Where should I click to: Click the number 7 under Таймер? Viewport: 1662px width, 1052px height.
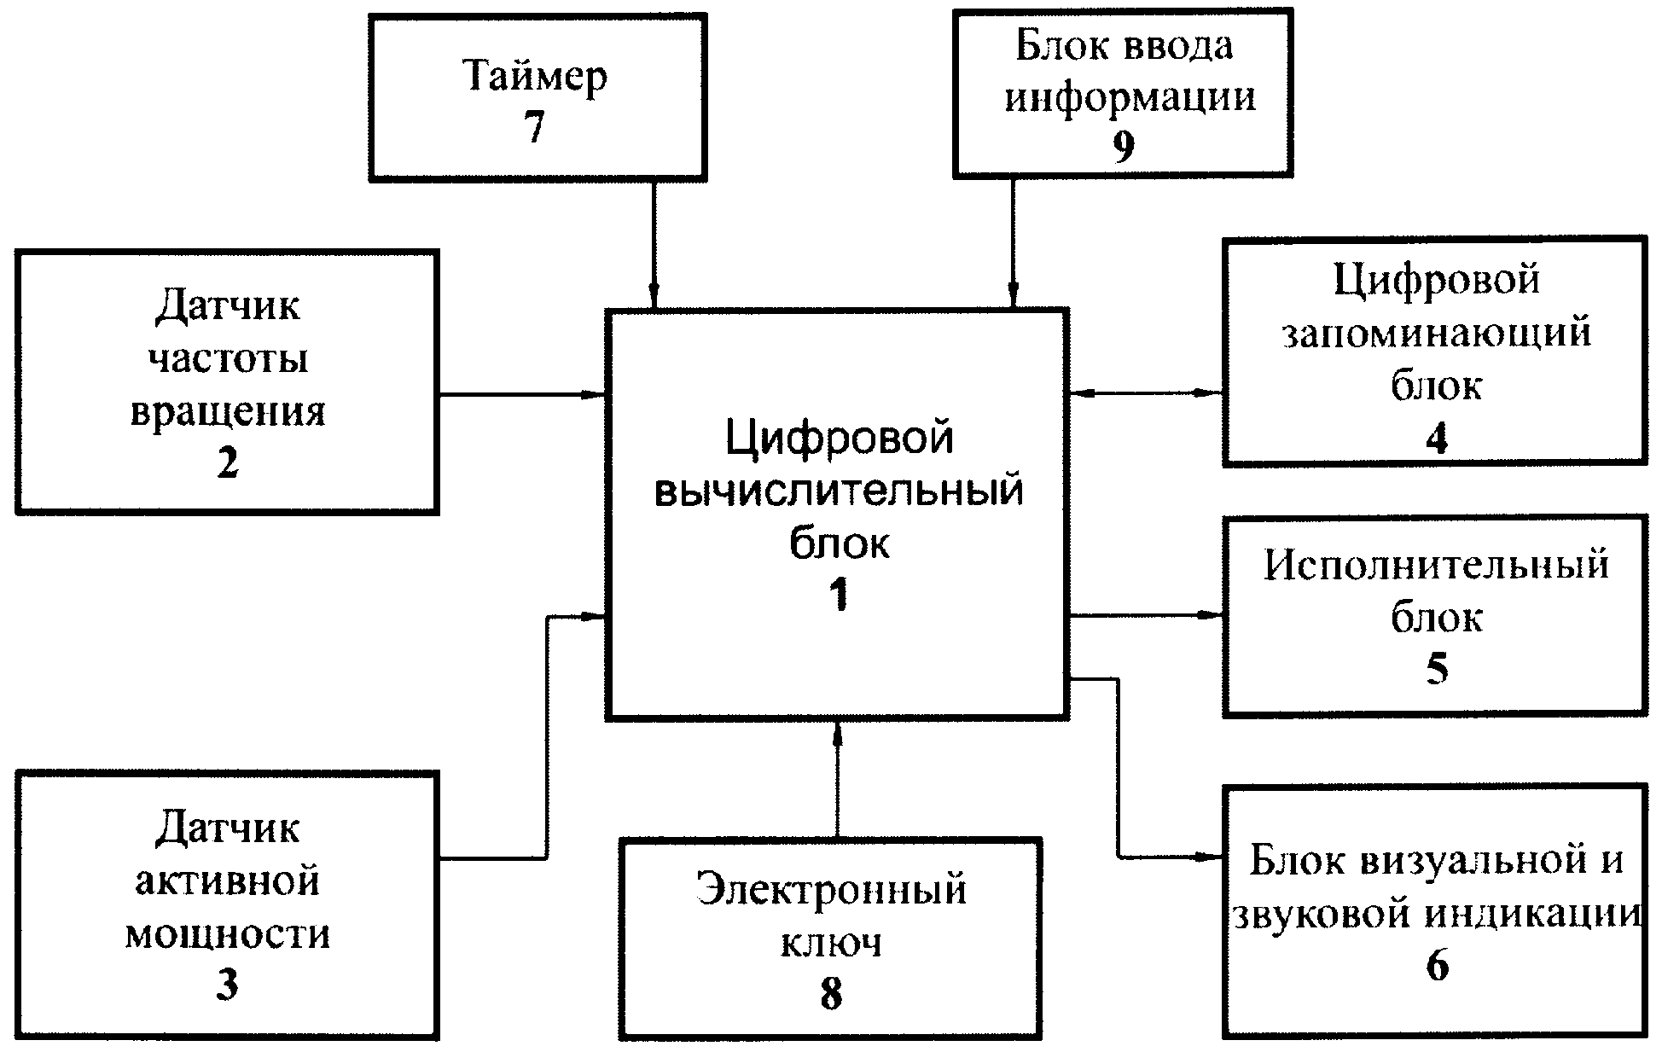534,128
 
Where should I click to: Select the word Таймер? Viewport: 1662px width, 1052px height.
535,77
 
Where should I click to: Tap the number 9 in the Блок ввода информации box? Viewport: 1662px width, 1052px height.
1124,147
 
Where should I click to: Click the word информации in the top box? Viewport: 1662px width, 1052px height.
1130,96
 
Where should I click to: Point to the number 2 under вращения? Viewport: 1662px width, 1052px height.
227,463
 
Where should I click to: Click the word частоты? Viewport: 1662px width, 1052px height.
228,358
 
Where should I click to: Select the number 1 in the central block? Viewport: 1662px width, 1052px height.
840,594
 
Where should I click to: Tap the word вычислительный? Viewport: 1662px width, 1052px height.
839,492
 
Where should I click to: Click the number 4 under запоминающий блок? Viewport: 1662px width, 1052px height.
1437,439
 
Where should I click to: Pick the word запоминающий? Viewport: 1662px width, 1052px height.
1437,333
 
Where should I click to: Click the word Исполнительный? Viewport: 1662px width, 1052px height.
1437,566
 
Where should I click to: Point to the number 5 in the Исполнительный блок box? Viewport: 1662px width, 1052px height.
1437,670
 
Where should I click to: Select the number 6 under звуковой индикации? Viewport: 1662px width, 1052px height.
1437,966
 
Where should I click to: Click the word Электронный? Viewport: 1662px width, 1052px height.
832,890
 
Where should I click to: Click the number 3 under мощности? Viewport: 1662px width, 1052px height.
227,985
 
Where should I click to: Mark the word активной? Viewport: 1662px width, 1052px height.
228,881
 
